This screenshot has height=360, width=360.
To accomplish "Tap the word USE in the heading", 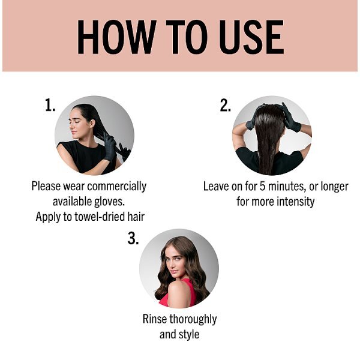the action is click(251, 37).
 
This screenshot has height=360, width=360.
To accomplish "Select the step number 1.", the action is click(50, 105).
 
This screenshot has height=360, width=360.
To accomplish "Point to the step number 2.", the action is click(225, 105).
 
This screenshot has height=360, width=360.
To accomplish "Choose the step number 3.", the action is click(133, 238).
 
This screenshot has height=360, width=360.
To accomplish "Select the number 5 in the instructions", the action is click(262, 186).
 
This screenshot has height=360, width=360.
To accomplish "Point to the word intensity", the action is click(295, 202).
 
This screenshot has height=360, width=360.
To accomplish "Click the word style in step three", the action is click(189, 334).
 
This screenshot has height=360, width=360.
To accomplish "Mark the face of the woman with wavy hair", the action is click(176, 264).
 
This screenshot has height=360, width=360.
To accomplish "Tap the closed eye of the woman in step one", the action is click(76, 122).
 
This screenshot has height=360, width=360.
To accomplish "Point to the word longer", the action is click(334, 187).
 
